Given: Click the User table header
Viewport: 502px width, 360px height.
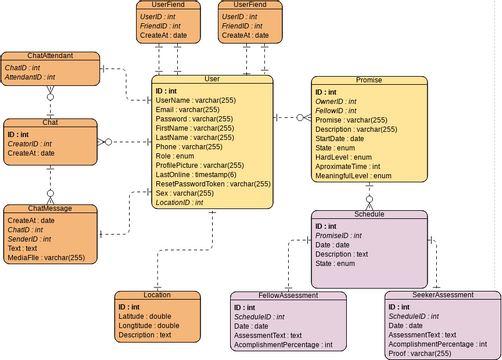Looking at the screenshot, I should (x=212, y=79).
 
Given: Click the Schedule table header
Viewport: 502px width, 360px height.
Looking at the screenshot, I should (x=370, y=215).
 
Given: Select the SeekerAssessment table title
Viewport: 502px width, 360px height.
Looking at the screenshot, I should (x=442, y=296).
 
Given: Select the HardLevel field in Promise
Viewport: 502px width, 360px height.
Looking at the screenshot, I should (x=344, y=157).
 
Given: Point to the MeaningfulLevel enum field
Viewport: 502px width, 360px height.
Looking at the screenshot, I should (x=353, y=175).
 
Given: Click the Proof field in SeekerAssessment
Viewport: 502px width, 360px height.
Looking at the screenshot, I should (x=420, y=352).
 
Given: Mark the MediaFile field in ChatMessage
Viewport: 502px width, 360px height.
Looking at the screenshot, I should (x=47, y=257).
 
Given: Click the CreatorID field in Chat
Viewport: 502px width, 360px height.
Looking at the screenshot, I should (x=32, y=143).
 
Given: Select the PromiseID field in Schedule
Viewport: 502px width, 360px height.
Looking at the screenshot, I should (x=345, y=235).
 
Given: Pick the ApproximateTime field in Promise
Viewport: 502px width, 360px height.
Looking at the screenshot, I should (x=356, y=166).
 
